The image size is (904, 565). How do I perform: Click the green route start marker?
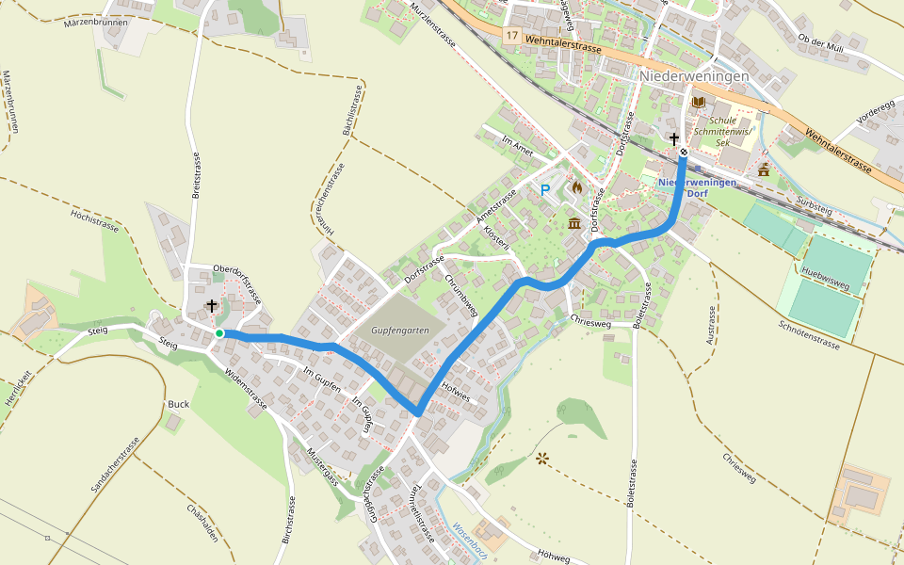tap(219, 333)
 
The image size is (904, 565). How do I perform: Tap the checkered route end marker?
tap(684, 153)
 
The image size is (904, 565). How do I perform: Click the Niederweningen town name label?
tap(694, 76)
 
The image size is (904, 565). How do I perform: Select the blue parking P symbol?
tap(544, 190)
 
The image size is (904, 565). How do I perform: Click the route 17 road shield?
tap(511, 35)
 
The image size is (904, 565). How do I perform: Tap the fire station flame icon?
tap(577, 188)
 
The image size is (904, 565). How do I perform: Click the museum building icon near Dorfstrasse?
tap(574, 223)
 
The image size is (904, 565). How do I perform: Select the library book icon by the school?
tap(698, 102)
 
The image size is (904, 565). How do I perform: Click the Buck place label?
tap(178, 404)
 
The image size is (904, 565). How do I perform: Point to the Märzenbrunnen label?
tap(95, 22)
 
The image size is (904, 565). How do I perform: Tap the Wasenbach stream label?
tap(469, 541)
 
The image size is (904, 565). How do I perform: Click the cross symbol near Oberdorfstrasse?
tap(212, 306)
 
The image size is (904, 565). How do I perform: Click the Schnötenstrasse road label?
tap(809, 334)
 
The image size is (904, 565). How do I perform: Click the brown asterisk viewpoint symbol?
tap(541, 459)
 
